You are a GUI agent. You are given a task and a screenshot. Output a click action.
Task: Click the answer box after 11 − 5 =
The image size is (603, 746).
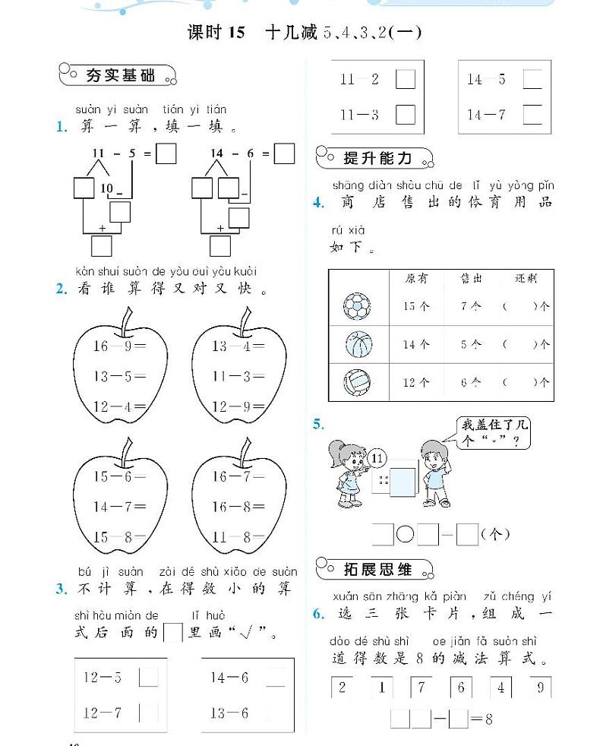coord(166,154)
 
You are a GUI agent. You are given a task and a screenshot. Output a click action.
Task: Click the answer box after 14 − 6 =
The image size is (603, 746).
coord(284,154)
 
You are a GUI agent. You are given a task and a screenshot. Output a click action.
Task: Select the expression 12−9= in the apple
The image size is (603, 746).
coord(238,406)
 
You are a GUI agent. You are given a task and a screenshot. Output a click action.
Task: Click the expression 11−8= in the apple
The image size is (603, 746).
coord(238,537)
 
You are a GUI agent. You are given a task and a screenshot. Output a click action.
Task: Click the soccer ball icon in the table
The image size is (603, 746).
coord(356,306)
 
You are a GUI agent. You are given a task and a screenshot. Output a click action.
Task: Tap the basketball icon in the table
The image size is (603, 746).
coord(358,344)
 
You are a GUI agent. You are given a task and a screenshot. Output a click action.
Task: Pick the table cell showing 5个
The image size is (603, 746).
coord(471,344)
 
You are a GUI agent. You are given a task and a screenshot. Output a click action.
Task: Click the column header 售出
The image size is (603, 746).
coord(471,279)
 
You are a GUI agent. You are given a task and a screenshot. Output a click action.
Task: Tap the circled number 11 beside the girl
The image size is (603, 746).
coord(377,458)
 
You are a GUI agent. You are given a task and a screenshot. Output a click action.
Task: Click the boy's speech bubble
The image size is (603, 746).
coord(494,434)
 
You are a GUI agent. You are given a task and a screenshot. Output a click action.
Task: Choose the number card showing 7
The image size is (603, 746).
coord(421,688)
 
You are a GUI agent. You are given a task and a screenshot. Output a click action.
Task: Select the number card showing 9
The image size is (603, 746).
coord(539,688)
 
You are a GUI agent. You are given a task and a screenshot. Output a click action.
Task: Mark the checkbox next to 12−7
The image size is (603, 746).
coord(149,713)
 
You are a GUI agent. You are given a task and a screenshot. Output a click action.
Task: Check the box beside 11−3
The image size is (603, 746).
coord(406,115)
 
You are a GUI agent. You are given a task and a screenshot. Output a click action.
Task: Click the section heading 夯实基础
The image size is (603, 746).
coord(118,74)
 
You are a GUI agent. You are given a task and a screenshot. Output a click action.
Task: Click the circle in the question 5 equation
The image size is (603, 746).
coord(406,535)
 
